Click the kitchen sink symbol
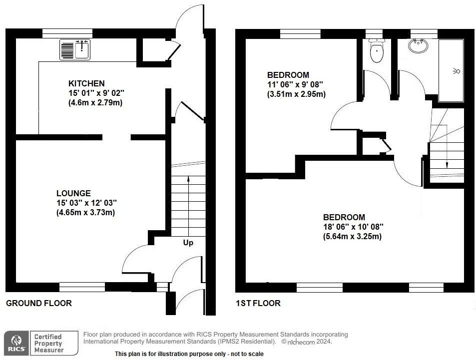click(74, 49)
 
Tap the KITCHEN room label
click(86, 83)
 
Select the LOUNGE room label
click(73, 193)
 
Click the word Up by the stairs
click(188, 243)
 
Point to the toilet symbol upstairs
click(377, 51)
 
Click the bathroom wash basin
click(418, 46)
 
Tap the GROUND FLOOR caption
click(38, 303)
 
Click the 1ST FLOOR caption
click(258, 303)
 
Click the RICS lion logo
click(16, 343)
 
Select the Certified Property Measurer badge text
click(48, 343)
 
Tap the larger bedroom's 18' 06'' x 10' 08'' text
click(353, 227)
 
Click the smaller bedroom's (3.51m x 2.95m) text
click(297, 94)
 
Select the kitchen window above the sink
click(67, 33)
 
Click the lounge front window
click(82, 287)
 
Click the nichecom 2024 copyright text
click(307, 342)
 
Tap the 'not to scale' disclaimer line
click(182, 354)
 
